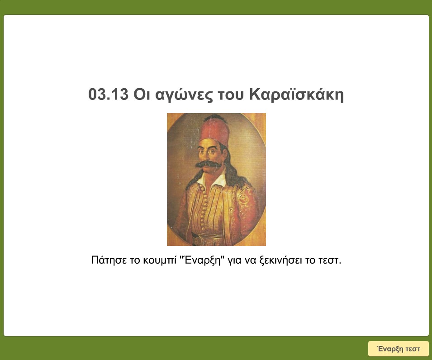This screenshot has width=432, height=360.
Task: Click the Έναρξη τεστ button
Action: [x=398, y=349]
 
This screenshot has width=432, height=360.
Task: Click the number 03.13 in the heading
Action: [x=109, y=95]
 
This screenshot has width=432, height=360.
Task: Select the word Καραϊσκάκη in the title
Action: [x=297, y=95]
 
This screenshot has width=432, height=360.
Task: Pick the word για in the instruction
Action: [x=237, y=261]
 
